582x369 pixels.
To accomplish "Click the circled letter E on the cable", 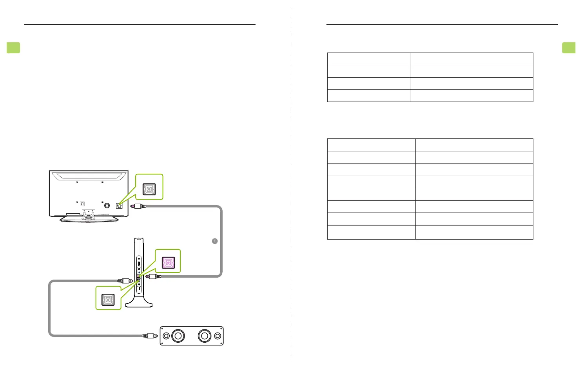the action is pos(215,241).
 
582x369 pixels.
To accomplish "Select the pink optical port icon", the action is pos(168,262).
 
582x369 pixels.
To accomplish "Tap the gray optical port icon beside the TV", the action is pos(149,189).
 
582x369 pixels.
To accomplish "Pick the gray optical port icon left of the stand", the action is pos(108,300).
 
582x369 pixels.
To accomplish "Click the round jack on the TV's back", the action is pos(107,205).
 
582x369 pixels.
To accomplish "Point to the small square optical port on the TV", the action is pos(119,205).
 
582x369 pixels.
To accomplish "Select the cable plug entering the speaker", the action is pos(150,336).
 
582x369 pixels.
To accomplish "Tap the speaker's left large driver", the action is pos(178,336).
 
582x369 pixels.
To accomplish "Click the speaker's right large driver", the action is pos(204,336).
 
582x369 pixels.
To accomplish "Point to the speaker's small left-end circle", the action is pos(166,336).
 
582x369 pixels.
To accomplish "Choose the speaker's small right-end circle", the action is pos(218,336).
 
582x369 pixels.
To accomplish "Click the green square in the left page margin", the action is pos(13,48).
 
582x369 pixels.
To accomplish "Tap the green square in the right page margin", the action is pos(569,48).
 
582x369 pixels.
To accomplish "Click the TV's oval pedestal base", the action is pos(89,219).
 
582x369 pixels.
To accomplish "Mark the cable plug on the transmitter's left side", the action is pos(125,281).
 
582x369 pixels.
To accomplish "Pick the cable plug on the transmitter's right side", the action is pos(153,276).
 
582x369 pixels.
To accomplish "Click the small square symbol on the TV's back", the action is pos(82,204).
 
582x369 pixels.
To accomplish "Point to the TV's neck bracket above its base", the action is pos(89,213).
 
